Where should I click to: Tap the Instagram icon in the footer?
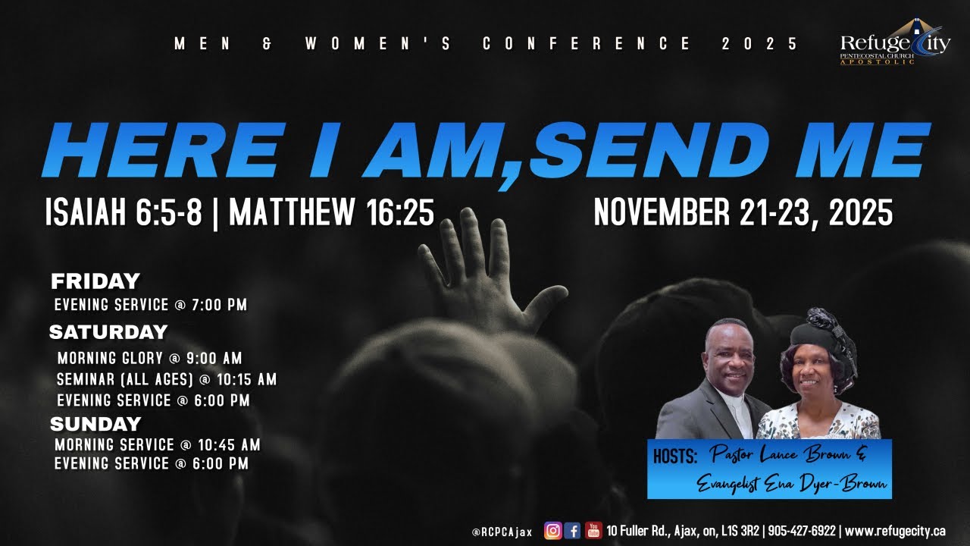(553, 531)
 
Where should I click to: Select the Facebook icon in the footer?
(573, 531)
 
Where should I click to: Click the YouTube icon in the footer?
(593, 531)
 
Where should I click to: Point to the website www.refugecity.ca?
(894, 531)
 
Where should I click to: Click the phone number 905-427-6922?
(803, 531)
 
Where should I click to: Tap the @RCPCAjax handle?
(502, 532)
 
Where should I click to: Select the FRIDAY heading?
(95, 282)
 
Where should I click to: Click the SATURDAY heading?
(108, 332)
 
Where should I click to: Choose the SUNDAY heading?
(95, 424)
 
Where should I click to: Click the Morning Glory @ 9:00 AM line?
(149, 359)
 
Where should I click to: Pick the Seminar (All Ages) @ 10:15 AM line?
(167, 379)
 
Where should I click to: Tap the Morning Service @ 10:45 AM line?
(158, 445)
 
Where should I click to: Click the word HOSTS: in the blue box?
(674, 457)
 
